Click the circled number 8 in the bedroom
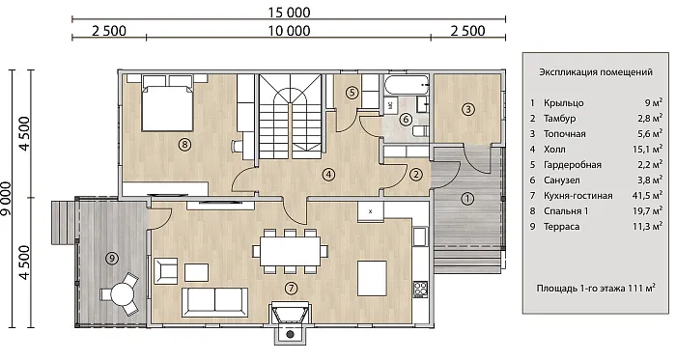pos(184,144)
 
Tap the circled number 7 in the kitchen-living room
pos(292,288)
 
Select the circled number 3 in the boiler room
pos(467,109)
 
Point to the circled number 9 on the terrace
pos(112,259)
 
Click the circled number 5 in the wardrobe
pos(352,92)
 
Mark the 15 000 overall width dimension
pos(289,13)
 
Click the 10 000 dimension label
pos(289,31)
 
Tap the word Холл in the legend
pos(554,150)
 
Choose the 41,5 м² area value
pos(647,196)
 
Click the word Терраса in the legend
pos(561,227)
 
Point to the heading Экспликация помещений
pos(596,72)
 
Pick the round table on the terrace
pos(120,294)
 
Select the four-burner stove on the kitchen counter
pos(420,289)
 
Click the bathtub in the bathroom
pos(407,85)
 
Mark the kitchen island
pos(372,278)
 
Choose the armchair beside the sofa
pos(166,271)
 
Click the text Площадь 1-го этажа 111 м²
pos(596,288)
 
